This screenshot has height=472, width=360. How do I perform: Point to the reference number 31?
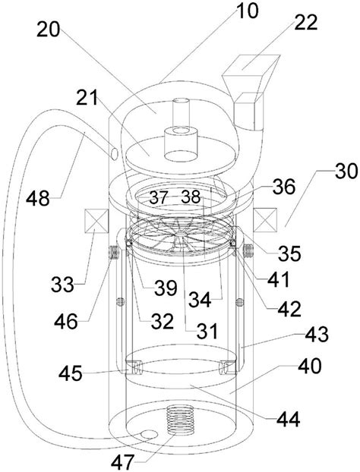(205, 330)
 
